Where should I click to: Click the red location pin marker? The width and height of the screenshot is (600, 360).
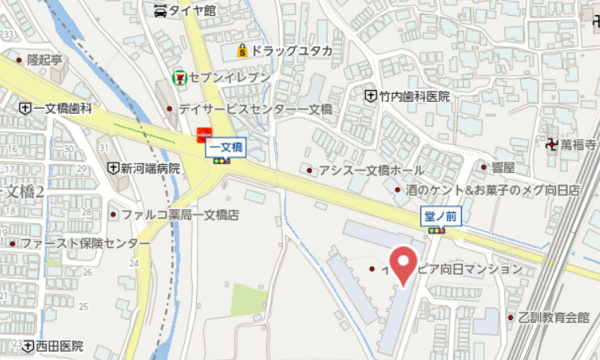coord(403,264)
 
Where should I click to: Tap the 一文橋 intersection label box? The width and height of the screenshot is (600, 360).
coord(225,149)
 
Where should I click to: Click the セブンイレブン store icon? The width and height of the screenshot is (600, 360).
coord(179,75)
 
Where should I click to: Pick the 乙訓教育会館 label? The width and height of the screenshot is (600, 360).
coord(554,317)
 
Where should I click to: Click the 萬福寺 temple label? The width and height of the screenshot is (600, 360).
coord(578,145)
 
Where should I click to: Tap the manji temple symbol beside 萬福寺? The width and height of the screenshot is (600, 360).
coord(552,145)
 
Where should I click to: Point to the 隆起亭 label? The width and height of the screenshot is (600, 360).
coord(44,60)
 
